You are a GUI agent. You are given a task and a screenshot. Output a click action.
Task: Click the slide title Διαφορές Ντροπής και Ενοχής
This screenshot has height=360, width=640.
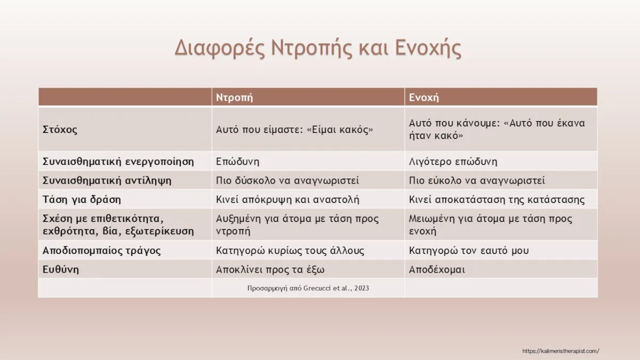[318, 48]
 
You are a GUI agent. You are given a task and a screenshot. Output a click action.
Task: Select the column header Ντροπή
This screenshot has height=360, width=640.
[234, 97]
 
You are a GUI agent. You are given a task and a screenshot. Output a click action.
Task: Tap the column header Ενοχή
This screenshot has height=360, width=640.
[424, 97]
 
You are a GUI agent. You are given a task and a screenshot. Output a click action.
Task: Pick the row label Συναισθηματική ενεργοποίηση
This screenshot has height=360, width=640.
[118, 161]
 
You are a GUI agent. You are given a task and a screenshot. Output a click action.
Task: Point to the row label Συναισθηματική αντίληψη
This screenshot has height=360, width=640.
[107, 180]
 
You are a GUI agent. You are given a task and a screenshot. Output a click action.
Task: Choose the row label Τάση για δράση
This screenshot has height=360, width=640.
[82, 199]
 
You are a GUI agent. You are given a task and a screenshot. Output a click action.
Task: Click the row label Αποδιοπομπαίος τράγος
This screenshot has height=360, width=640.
[101, 250]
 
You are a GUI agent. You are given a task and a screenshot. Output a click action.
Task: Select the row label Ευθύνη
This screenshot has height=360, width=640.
[61, 269]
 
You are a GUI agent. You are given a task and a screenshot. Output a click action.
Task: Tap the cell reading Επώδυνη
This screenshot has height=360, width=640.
[238, 161]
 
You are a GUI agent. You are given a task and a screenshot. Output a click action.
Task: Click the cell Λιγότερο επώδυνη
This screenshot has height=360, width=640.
[453, 161]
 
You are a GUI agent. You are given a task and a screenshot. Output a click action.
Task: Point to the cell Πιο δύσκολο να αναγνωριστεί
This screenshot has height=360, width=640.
[287, 180]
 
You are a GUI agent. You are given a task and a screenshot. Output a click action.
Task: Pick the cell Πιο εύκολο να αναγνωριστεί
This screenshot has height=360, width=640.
[477, 180]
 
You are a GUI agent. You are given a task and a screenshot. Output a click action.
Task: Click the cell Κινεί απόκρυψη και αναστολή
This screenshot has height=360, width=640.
[287, 199]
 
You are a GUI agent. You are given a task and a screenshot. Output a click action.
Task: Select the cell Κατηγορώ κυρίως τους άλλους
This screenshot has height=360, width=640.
[290, 250]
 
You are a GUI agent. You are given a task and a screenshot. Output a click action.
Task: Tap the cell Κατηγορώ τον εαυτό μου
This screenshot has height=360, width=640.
[469, 250]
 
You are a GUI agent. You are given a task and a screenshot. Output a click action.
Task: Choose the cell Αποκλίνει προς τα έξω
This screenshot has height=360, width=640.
[270, 269]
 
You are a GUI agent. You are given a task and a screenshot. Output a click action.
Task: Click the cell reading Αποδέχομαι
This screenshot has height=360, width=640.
[437, 269]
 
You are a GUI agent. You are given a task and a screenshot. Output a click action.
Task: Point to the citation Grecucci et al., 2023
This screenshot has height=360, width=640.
[308, 288]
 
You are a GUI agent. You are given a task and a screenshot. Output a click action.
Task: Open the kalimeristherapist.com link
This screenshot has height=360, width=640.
[561, 350]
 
